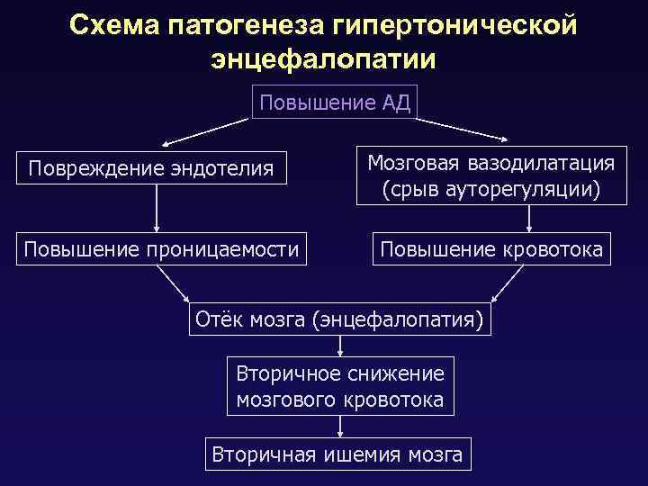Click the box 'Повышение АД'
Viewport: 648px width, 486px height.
click(334, 103)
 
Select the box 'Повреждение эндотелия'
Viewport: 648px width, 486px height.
click(151, 168)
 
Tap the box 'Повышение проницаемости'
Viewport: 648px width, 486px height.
click(161, 249)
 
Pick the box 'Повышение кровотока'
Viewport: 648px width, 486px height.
click(491, 249)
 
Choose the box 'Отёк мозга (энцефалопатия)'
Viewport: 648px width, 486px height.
click(340, 319)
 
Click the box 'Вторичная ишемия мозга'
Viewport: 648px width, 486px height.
click(337, 454)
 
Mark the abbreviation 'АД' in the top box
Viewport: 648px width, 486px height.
click(395, 103)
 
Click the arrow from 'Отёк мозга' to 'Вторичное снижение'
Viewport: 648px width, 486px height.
click(340, 346)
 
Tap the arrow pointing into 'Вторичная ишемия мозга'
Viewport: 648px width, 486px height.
click(340, 427)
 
